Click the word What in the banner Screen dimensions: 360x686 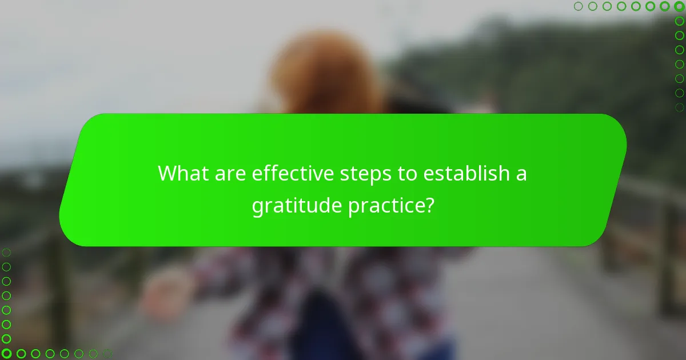pos(181,173)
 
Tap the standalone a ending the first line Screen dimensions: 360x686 pos(521,174)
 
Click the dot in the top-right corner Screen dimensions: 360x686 pos(679,6)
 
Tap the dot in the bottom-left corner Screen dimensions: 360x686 pos(7,354)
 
